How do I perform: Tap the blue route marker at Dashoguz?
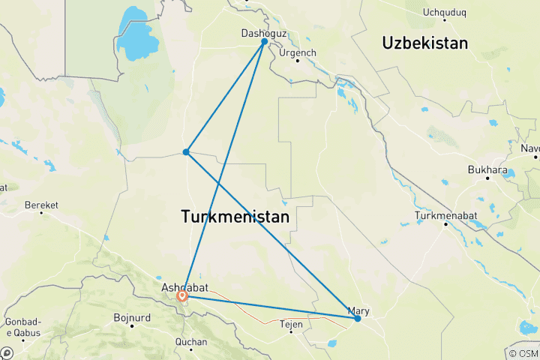pyautogui.click(x=265, y=42)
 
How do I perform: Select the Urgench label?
pyautogui.click(x=298, y=52)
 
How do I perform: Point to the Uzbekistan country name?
pyautogui.click(x=425, y=43)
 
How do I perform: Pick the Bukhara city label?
pyautogui.click(x=487, y=169)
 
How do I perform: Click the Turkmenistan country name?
pyautogui.click(x=235, y=217)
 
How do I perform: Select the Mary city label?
pyautogui.click(x=358, y=310)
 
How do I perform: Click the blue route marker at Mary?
pyautogui.click(x=358, y=319)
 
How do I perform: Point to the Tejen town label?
pyautogui.click(x=290, y=324)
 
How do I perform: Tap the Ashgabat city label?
pyautogui.click(x=181, y=286)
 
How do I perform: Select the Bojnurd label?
pyautogui.click(x=132, y=317)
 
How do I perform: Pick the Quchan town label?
pyautogui.click(x=190, y=342)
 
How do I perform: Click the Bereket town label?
pyautogui.click(x=41, y=204)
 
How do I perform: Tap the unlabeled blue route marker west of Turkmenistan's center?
pyautogui.click(x=186, y=152)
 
